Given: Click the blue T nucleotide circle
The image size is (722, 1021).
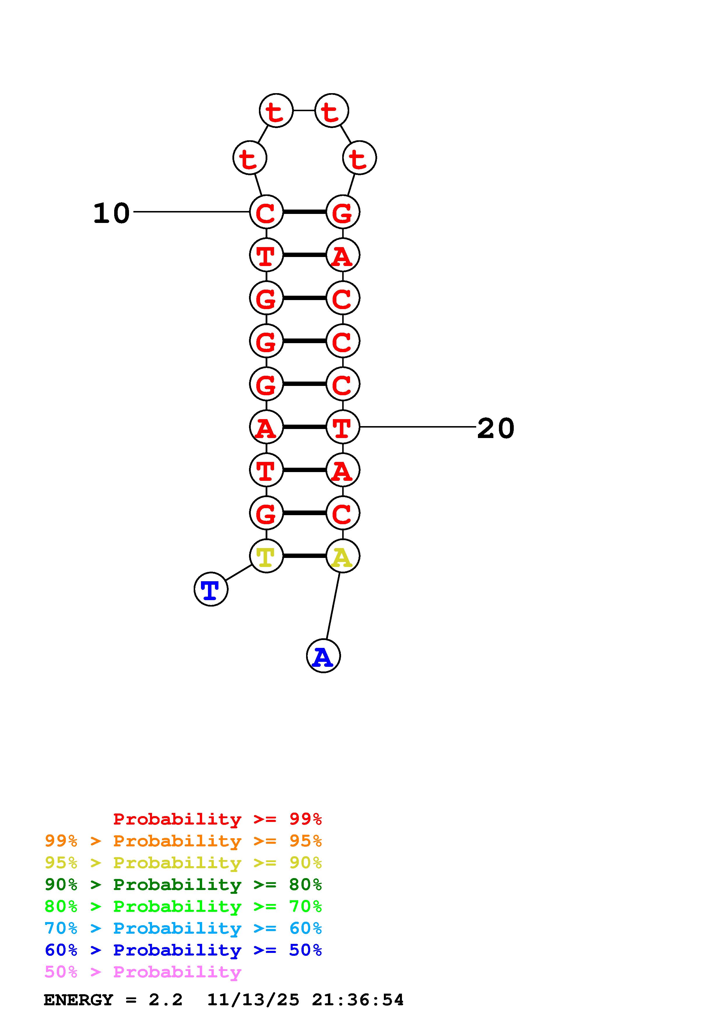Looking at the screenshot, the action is tap(211, 589).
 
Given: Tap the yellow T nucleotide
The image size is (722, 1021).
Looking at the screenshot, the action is tap(266, 556).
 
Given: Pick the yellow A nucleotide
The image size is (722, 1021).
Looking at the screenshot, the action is tap(343, 556).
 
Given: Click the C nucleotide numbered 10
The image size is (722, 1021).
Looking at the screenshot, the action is tap(266, 212).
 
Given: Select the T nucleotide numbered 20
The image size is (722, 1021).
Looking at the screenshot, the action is tap(343, 427).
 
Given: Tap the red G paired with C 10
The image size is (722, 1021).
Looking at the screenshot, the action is tap(343, 212).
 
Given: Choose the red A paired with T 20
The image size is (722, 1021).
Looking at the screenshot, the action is tap(266, 427).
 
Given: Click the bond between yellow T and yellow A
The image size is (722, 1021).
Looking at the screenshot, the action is tap(305, 556).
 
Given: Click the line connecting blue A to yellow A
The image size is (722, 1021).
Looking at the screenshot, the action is tap(333, 606).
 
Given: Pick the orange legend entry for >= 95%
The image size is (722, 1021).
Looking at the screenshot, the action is tap(183, 841).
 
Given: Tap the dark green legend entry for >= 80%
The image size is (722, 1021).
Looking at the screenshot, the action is tap(183, 884).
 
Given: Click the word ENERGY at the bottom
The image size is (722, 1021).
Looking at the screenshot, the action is tap(78, 1000).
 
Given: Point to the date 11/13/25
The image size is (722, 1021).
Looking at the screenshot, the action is tap(253, 1000).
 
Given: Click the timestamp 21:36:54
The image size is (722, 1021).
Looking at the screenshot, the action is tap(358, 1000).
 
